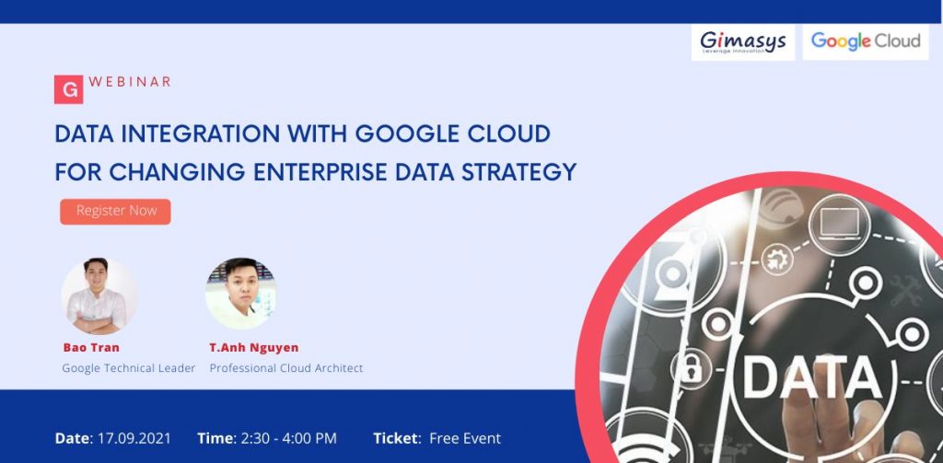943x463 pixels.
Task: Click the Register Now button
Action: click(x=115, y=211)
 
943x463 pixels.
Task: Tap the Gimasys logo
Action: click(x=743, y=42)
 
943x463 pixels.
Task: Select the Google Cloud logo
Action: click(x=866, y=41)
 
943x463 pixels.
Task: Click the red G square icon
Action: click(x=68, y=89)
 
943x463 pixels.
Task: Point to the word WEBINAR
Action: click(x=130, y=82)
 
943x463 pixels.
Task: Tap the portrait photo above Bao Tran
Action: click(x=99, y=295)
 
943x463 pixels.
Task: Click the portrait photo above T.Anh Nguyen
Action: click(x=241, y=294)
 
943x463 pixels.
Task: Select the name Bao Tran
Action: click(x=91, y=348)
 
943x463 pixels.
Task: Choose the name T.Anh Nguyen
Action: click(x=254, y=348)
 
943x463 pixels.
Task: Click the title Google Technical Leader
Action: click(x=129, y=368)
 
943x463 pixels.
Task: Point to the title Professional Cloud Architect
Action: click(x=286, y=368)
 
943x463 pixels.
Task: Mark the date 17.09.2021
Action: click(x=134, y=438)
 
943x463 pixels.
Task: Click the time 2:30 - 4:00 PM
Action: click(x=288, y=438)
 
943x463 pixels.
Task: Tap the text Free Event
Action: click(x=465, y=438)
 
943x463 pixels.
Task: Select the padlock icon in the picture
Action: click(x=691, y=367)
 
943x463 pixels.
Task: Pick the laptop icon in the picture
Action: click(x=839, y=224)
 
